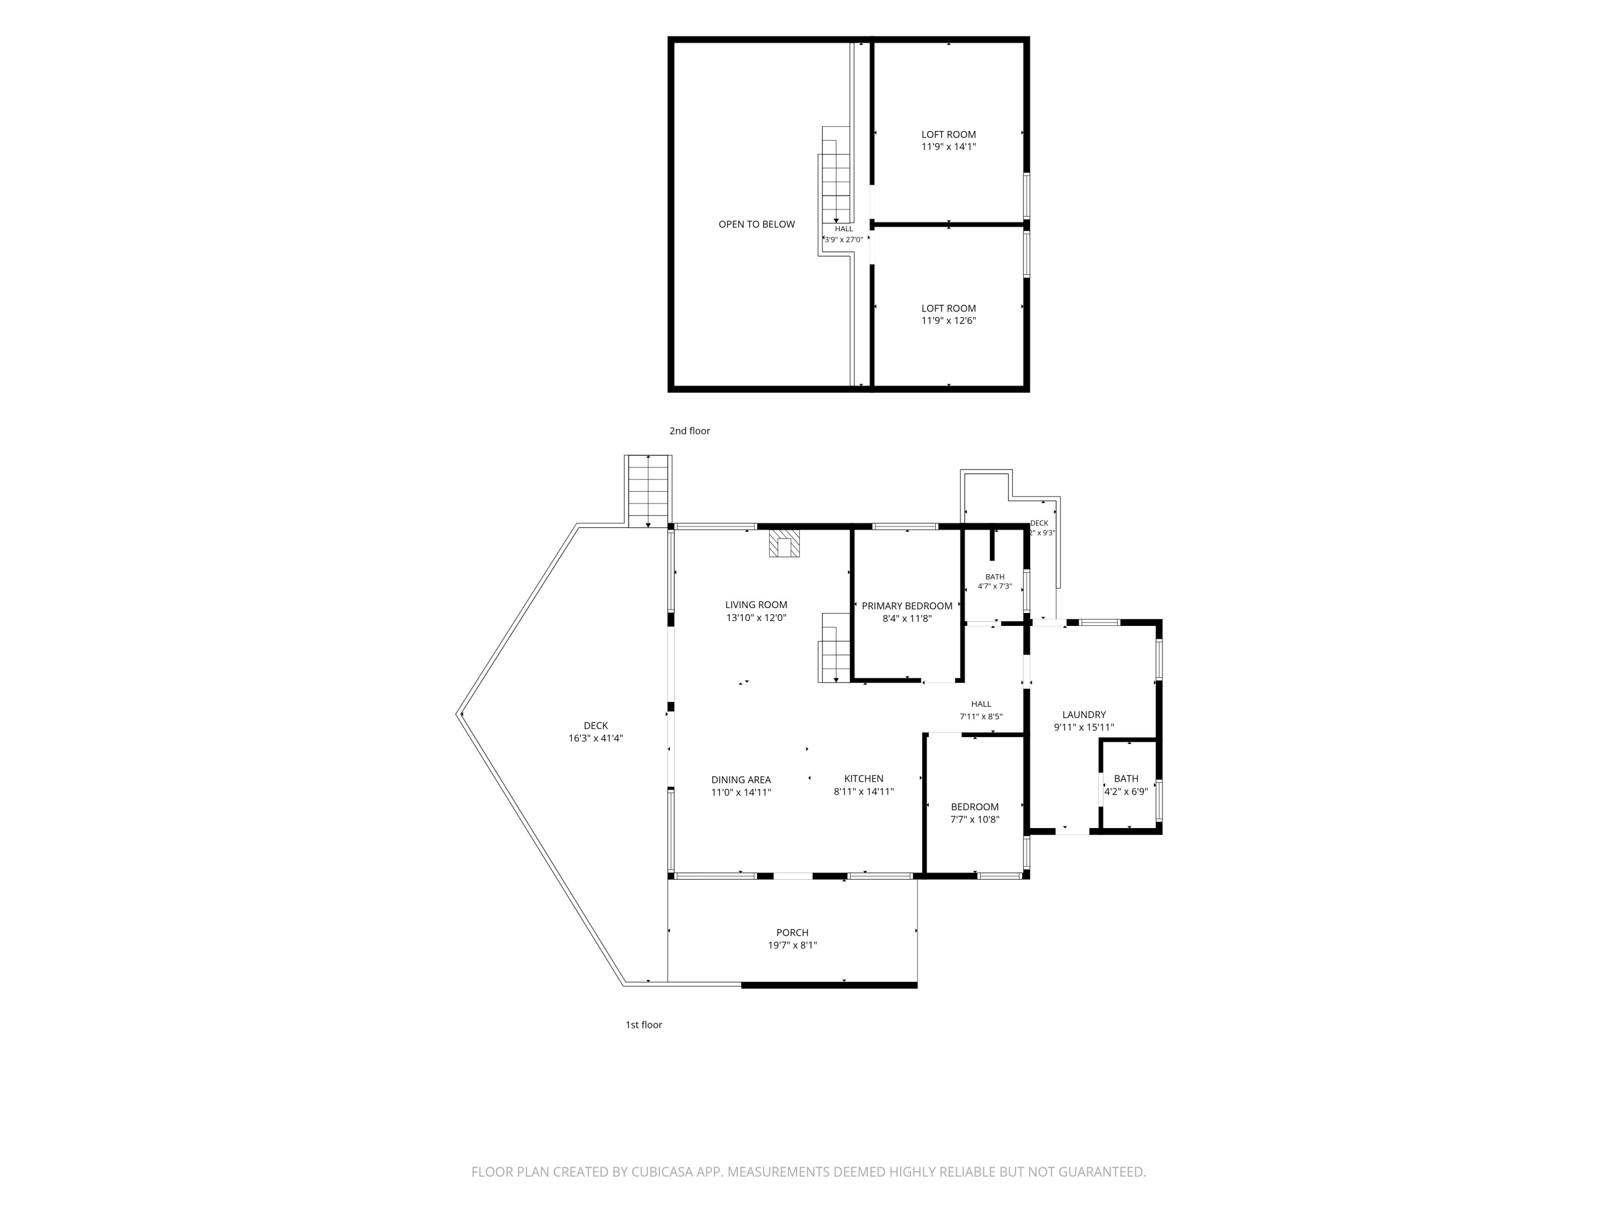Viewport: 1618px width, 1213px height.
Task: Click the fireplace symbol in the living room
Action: pyautogui.click(x=784, y=544)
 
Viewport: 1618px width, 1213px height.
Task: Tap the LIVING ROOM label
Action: pyautogui.click(x=756, y=605)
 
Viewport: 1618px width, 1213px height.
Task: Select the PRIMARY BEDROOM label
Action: pyautogui.click(x=907, y=606)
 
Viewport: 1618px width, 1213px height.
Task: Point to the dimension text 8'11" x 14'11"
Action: pyautogui.click(x=864, y=791)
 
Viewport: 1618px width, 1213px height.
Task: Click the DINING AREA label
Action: pyautogui.click(x=741, y=780)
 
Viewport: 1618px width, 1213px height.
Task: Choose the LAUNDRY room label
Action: pyautogui.click(x=1084, y=714)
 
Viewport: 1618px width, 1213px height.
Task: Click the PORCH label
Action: pyautogui.click(x=792, y=932)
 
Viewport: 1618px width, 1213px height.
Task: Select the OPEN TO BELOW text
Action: pyautogui.click(x=756, y=224)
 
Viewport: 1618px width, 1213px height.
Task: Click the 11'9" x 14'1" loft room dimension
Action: pyautogui.click(x=949, y=146)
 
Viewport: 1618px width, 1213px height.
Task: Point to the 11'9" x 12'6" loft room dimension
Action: pyautogui.click(x=949, y=320)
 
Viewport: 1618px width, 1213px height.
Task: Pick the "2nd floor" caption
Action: pyautogui.click(x=690, y=431)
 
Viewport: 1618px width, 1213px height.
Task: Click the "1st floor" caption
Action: pyautogui.click(x=643, y=1024)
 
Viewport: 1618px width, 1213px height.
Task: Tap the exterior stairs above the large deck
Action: pyautogui.click(x=648, y=491)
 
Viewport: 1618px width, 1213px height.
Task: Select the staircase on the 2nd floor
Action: pyautogui.click(x=836, y=190)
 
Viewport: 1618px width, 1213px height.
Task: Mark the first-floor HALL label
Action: pyautogui.click(x=981, y=704)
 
